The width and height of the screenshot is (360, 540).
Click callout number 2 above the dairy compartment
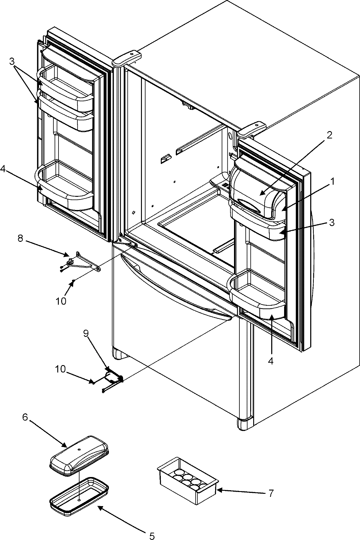tap(329, 135)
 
